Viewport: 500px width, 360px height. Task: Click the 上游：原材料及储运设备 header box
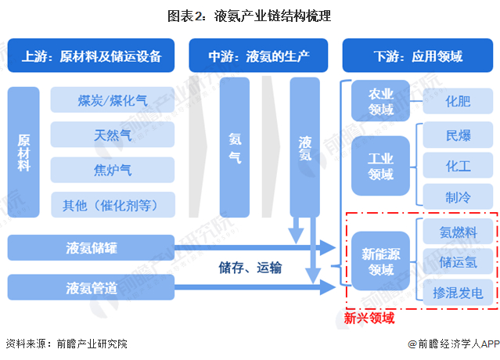coord(92,56)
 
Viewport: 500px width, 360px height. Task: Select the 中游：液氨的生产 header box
coord(258,56)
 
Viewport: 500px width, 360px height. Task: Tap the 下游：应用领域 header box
coord(418,56)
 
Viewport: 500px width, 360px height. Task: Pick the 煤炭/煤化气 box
coord(113,99)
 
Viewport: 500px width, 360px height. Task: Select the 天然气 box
coord(113,134)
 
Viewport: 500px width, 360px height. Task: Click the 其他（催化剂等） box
coord(113,204)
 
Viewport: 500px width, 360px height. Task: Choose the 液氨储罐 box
coord(91,247)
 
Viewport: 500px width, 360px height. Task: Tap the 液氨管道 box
coord(91,287)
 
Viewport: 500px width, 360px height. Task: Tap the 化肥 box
coord(458,100)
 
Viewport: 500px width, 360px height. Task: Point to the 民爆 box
coord(458,135)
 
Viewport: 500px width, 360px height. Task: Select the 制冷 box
coord(458,196)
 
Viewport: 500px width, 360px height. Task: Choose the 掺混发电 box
coord(458,292)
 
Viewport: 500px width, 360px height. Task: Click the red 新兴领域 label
coord(369,319)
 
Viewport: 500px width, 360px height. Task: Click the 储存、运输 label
coord(250,268)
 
